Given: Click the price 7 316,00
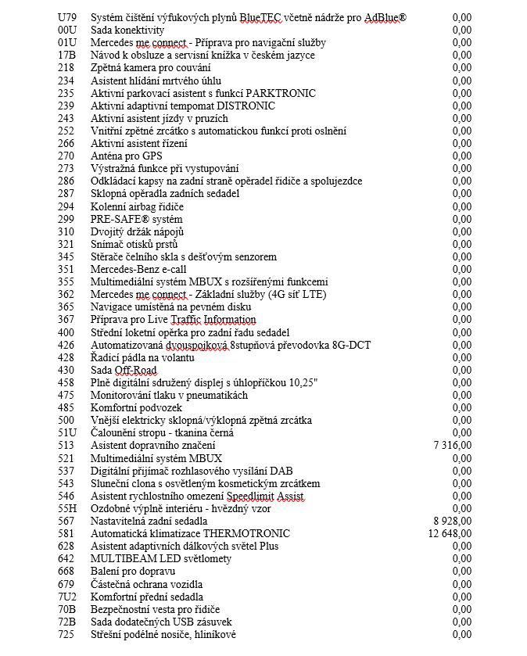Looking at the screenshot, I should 452,446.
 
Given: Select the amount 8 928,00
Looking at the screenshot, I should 452,521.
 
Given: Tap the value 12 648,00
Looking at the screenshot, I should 450,533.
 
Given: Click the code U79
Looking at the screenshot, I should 68,17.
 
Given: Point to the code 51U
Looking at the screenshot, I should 68,432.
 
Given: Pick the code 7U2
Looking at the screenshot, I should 68,597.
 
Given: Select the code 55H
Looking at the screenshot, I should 68,508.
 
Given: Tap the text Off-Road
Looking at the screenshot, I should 137,370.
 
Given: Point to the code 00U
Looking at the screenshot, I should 68,30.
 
